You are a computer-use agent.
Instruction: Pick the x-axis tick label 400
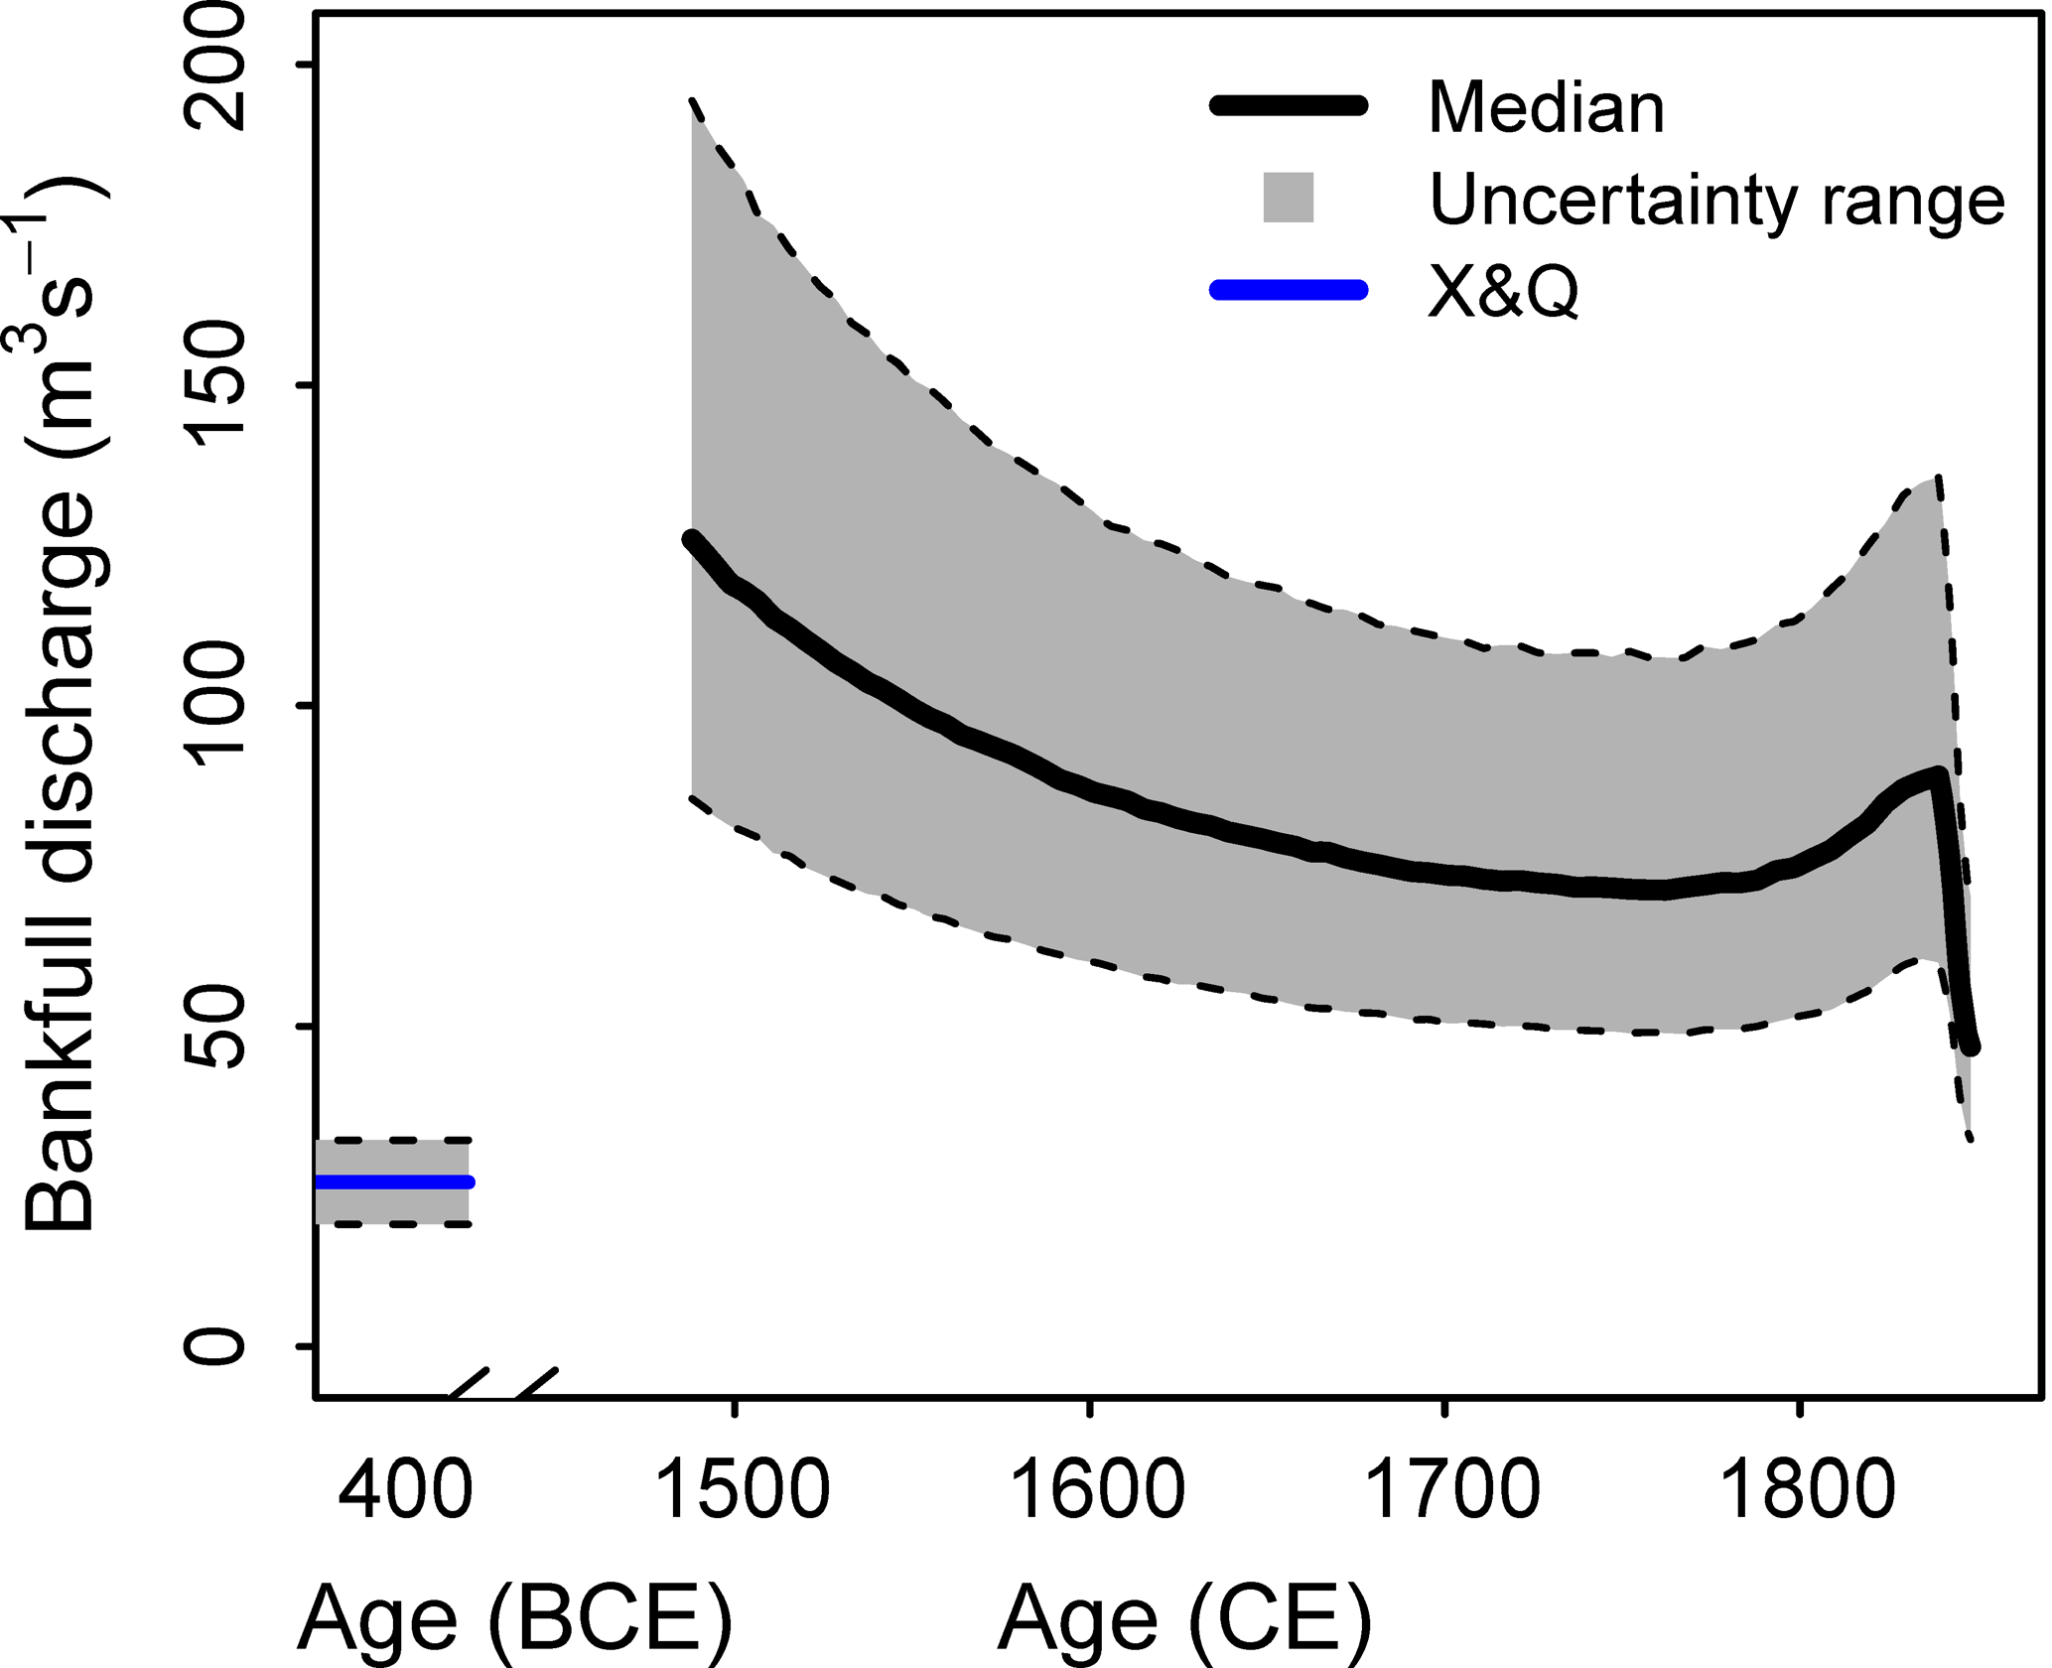404,1490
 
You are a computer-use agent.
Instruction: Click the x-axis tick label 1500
743,1490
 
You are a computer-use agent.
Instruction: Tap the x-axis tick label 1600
1098,1490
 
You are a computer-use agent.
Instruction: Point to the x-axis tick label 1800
1808,1490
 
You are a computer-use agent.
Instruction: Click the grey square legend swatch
1288,198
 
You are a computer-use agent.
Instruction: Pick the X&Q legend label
1503,292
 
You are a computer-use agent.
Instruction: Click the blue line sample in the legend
1288,290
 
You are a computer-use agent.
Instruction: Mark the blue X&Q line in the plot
393,1181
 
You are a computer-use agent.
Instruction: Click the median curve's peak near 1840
1936,774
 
